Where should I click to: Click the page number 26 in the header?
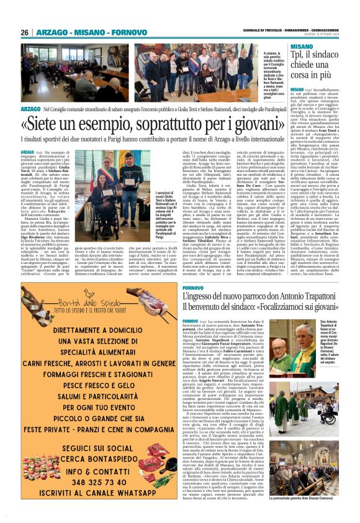(x=25, y=32)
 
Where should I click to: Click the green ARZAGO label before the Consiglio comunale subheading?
(x=30, y=108)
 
